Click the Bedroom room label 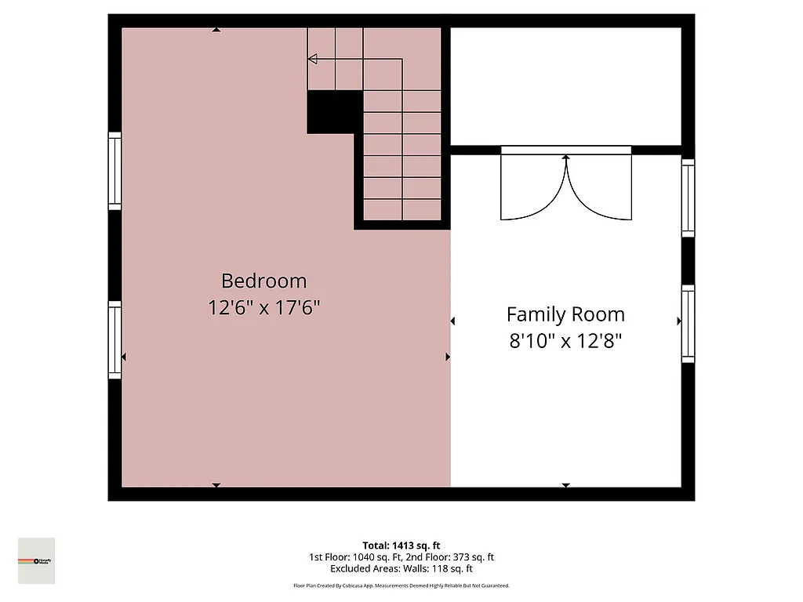tap(263, 281)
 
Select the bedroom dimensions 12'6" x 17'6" tap(263, 307)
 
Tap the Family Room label tap(565, 314)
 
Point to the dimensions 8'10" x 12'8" tap(565, 341)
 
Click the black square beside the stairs tap(334, 111)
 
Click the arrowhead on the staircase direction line tap(312, 59)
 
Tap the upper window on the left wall tap(115, 171)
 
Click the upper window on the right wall tap(688, 198)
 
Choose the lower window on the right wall tap(688, 324)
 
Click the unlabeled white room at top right tap(565, 86)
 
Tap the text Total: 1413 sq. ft tap(401, 546)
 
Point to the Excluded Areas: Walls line tap(401, 569)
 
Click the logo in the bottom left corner tap(37, 560)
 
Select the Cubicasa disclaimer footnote tap(401, 586)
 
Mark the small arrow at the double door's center tap(565, 158)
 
